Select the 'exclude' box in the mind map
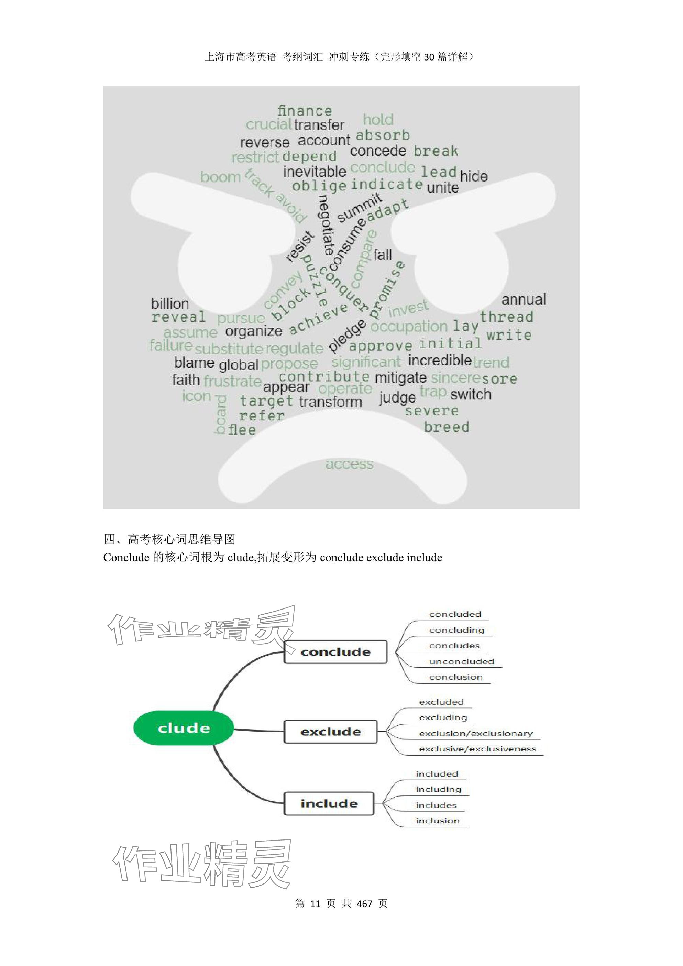point(331,732)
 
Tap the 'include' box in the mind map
point(329,804)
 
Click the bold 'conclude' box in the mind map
point(335,652)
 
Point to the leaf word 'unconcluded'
point(461,662)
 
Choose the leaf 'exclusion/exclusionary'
point(476,734)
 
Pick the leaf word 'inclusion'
point(437,821)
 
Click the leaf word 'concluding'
point(456,630)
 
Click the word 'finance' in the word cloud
point(305,111)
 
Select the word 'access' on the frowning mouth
point(349,464)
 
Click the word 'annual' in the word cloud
point(523,299)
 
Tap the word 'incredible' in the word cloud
point(440,361)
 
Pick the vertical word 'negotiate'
point(326,225)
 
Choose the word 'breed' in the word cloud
point(446,427)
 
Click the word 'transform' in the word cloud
point(331,402)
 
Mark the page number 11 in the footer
point(315,903)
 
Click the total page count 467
point(364,903)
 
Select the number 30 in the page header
point(429,57)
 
